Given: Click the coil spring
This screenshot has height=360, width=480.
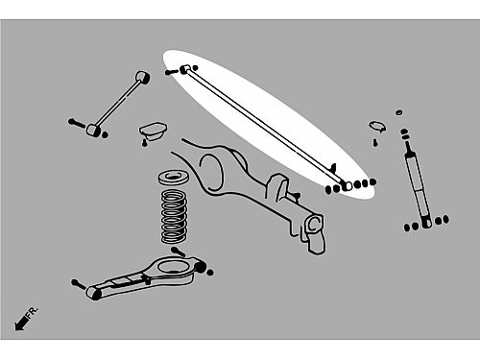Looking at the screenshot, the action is click(174, 216).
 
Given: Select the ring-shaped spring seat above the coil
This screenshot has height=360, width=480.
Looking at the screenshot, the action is click(174, 178).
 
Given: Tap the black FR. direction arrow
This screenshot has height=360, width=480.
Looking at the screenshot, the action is click(21, 323).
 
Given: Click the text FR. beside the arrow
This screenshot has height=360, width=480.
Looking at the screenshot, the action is click(33, 312).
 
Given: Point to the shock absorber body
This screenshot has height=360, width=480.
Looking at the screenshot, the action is click(419, 189).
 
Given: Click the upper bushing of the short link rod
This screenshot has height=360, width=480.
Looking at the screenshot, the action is click(143, 77).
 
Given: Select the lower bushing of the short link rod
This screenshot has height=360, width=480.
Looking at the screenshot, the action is click(93, 130).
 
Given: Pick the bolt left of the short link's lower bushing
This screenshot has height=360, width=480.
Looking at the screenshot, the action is click(77, 123).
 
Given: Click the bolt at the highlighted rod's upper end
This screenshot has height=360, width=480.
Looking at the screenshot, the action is click(172, 72).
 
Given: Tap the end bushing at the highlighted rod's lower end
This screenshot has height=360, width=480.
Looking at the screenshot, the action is click(347, 185).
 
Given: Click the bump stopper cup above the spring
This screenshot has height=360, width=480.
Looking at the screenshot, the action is click(153, 131).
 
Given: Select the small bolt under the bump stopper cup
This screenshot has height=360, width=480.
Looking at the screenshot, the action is click(144, 143).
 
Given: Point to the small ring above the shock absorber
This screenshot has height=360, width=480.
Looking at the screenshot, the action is click(398, 112).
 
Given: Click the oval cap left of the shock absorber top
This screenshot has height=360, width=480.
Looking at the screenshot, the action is click(377, 126).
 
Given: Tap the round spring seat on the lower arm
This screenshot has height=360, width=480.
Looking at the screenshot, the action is click(172, 266).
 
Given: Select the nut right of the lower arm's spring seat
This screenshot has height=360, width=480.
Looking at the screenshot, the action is click(210, 273).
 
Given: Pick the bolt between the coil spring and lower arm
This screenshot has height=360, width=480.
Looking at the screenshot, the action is click(178, 252).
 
